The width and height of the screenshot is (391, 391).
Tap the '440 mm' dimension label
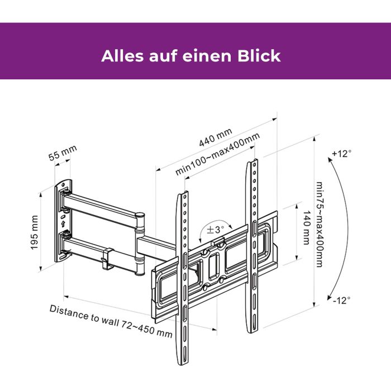point(216,138)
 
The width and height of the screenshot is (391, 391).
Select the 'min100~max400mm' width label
point(218,155)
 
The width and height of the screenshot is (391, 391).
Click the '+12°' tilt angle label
point(341,154)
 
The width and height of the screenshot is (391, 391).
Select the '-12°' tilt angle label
point(341,300)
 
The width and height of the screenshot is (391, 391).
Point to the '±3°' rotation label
point(215,229)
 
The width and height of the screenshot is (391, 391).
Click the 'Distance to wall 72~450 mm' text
point(111,321)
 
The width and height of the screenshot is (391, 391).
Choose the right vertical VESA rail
point(254,246)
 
